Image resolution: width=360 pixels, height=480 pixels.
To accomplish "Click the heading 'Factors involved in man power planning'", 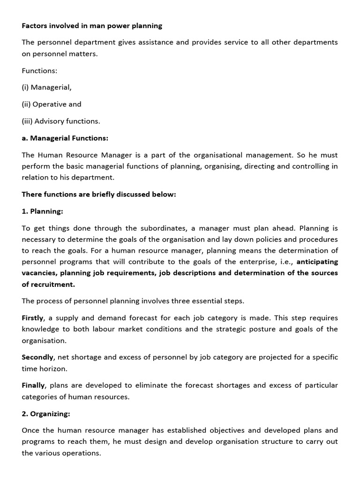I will click(x=92, y=25).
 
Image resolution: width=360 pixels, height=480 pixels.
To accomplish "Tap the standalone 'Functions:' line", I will click(x=39, y=70).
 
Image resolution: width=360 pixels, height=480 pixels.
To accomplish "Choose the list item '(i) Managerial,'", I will click(x=46, y=87).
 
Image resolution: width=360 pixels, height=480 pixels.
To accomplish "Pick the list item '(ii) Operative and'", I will click(x=52, y=104).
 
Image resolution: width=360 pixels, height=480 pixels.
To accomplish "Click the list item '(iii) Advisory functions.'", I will click(x=61, y=121).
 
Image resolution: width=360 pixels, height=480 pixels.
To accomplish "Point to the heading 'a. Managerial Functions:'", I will click(x=65, y=138).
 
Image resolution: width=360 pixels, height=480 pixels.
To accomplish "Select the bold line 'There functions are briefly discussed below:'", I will click(x=99, y=194).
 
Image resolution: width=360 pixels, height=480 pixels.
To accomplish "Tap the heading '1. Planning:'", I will click(x=42, y=211).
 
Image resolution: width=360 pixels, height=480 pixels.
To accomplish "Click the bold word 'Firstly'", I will click(x=33, y=318).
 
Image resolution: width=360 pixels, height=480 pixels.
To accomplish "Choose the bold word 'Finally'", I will click(x=33, y=385).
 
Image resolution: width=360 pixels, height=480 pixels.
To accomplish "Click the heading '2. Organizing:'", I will click(x=46, y=413).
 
